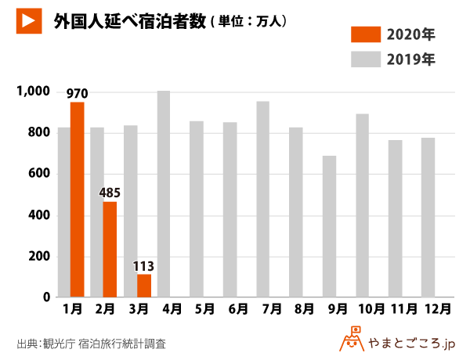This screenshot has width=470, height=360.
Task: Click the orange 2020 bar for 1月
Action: click(x=77, y=200)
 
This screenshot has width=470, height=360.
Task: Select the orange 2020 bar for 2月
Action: click(x=110, y=250)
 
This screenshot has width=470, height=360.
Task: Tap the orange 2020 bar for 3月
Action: click(x=143, y=286)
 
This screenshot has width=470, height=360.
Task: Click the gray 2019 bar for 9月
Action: click(x=329, y=227)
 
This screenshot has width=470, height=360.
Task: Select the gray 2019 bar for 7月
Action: click(x=262, y=200)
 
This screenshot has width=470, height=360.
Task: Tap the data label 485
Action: click(x=110, y=193)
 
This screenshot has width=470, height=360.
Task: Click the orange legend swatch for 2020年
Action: click(x=364, y=34)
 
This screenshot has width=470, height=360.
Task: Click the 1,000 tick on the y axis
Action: click(x=34, y=92)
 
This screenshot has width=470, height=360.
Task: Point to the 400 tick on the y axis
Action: click(x=39, y=215)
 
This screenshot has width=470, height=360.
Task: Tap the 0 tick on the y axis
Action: click(x=46, y=297)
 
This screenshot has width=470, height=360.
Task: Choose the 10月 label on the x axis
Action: click(x=365, y=310)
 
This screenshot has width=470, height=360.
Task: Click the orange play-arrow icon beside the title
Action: click(x=30, y=22)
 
